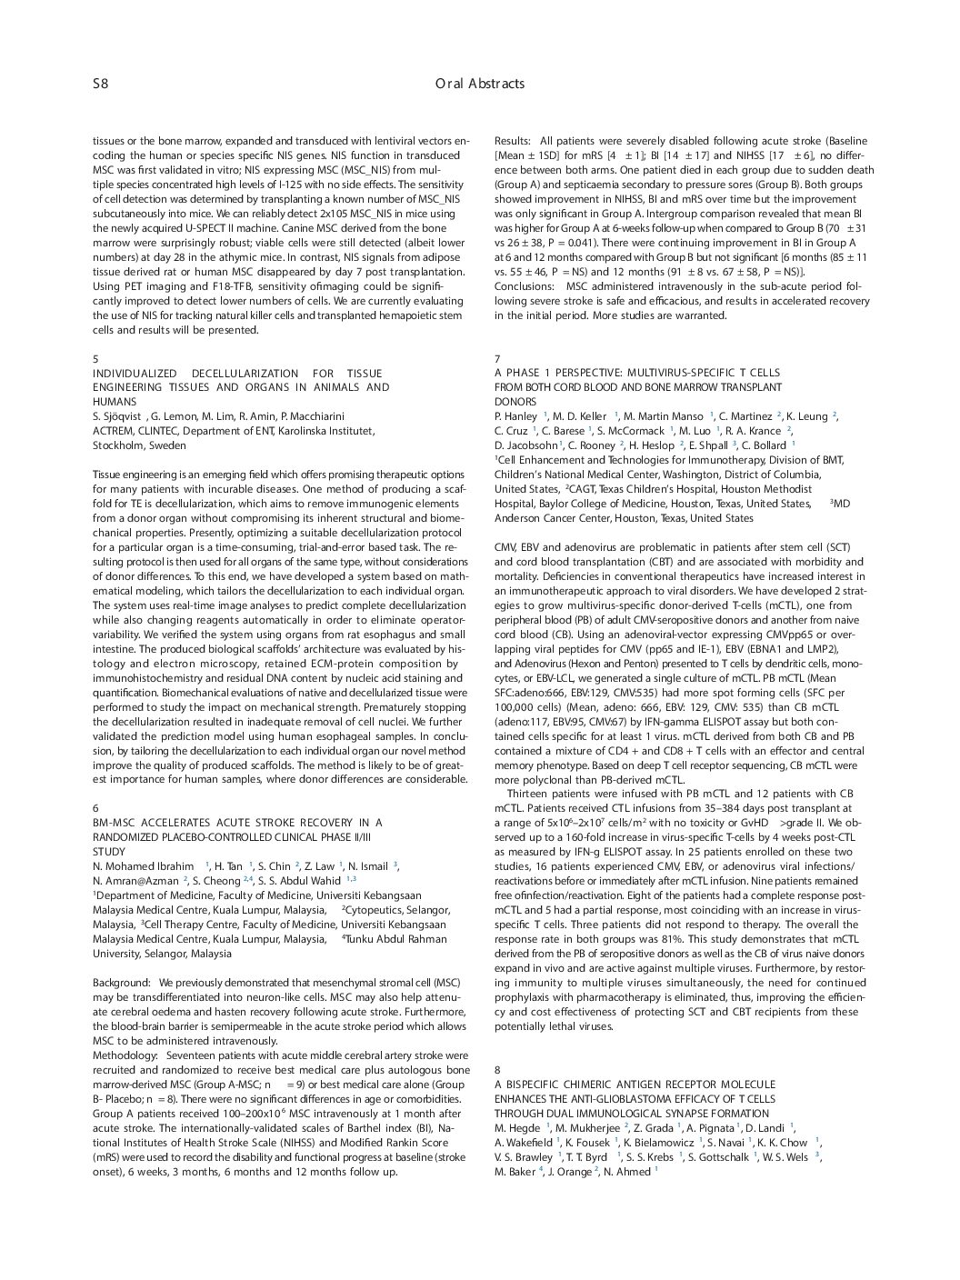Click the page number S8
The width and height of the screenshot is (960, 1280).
[x=100, y=84]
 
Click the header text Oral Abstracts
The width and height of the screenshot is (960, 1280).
[x=479, y=84]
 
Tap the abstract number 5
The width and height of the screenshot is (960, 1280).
[x=95, y=359]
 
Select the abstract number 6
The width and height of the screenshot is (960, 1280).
[x=95, y=807]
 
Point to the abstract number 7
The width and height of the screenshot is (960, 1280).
[x=497, y=359]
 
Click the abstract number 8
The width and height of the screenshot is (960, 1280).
[x=497, y=1070]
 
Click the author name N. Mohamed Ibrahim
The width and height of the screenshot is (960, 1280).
[x=143, y=866]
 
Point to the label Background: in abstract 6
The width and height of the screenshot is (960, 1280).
[x=121, y=983]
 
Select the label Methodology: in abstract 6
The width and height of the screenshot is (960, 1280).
[x=125, y=1055]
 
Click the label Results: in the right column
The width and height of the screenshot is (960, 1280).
[x=512, y=141]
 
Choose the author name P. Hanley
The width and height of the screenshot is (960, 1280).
[x=515, y=416]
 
